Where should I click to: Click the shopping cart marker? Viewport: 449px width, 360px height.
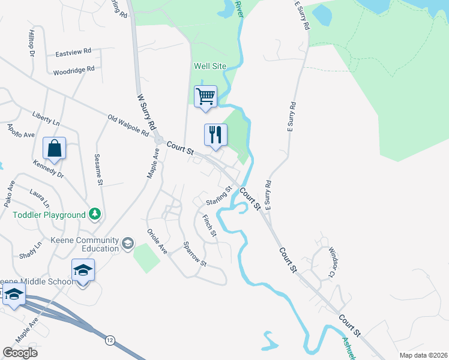[205, 97]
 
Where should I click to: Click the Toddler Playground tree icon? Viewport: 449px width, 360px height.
[94, 214]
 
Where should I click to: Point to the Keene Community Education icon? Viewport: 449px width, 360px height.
[127, 243]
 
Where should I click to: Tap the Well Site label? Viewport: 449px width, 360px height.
[208, 66]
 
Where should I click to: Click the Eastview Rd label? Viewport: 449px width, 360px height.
[73, 52]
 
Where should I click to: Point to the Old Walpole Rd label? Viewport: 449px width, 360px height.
[128, 125]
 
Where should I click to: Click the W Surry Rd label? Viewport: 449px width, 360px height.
[146, 112]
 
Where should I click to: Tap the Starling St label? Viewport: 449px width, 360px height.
[219, 196]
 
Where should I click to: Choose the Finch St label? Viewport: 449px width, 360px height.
[208, 225]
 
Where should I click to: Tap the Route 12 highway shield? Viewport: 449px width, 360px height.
[109, 340]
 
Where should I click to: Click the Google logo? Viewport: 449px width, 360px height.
[20, 353]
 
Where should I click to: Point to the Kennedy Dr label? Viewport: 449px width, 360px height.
[48, 169]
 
